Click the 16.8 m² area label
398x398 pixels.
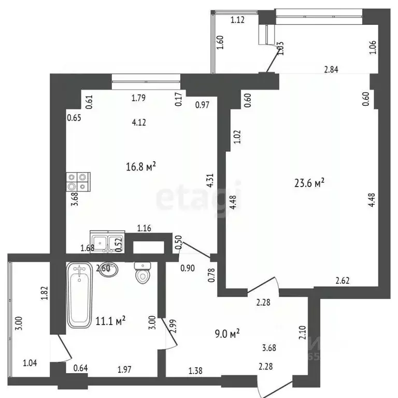[141, 166]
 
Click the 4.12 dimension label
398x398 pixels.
[138, 122]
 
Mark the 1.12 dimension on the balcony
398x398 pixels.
[237, 20]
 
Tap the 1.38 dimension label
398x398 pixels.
[195, 371]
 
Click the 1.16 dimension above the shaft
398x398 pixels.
[145, 228]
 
